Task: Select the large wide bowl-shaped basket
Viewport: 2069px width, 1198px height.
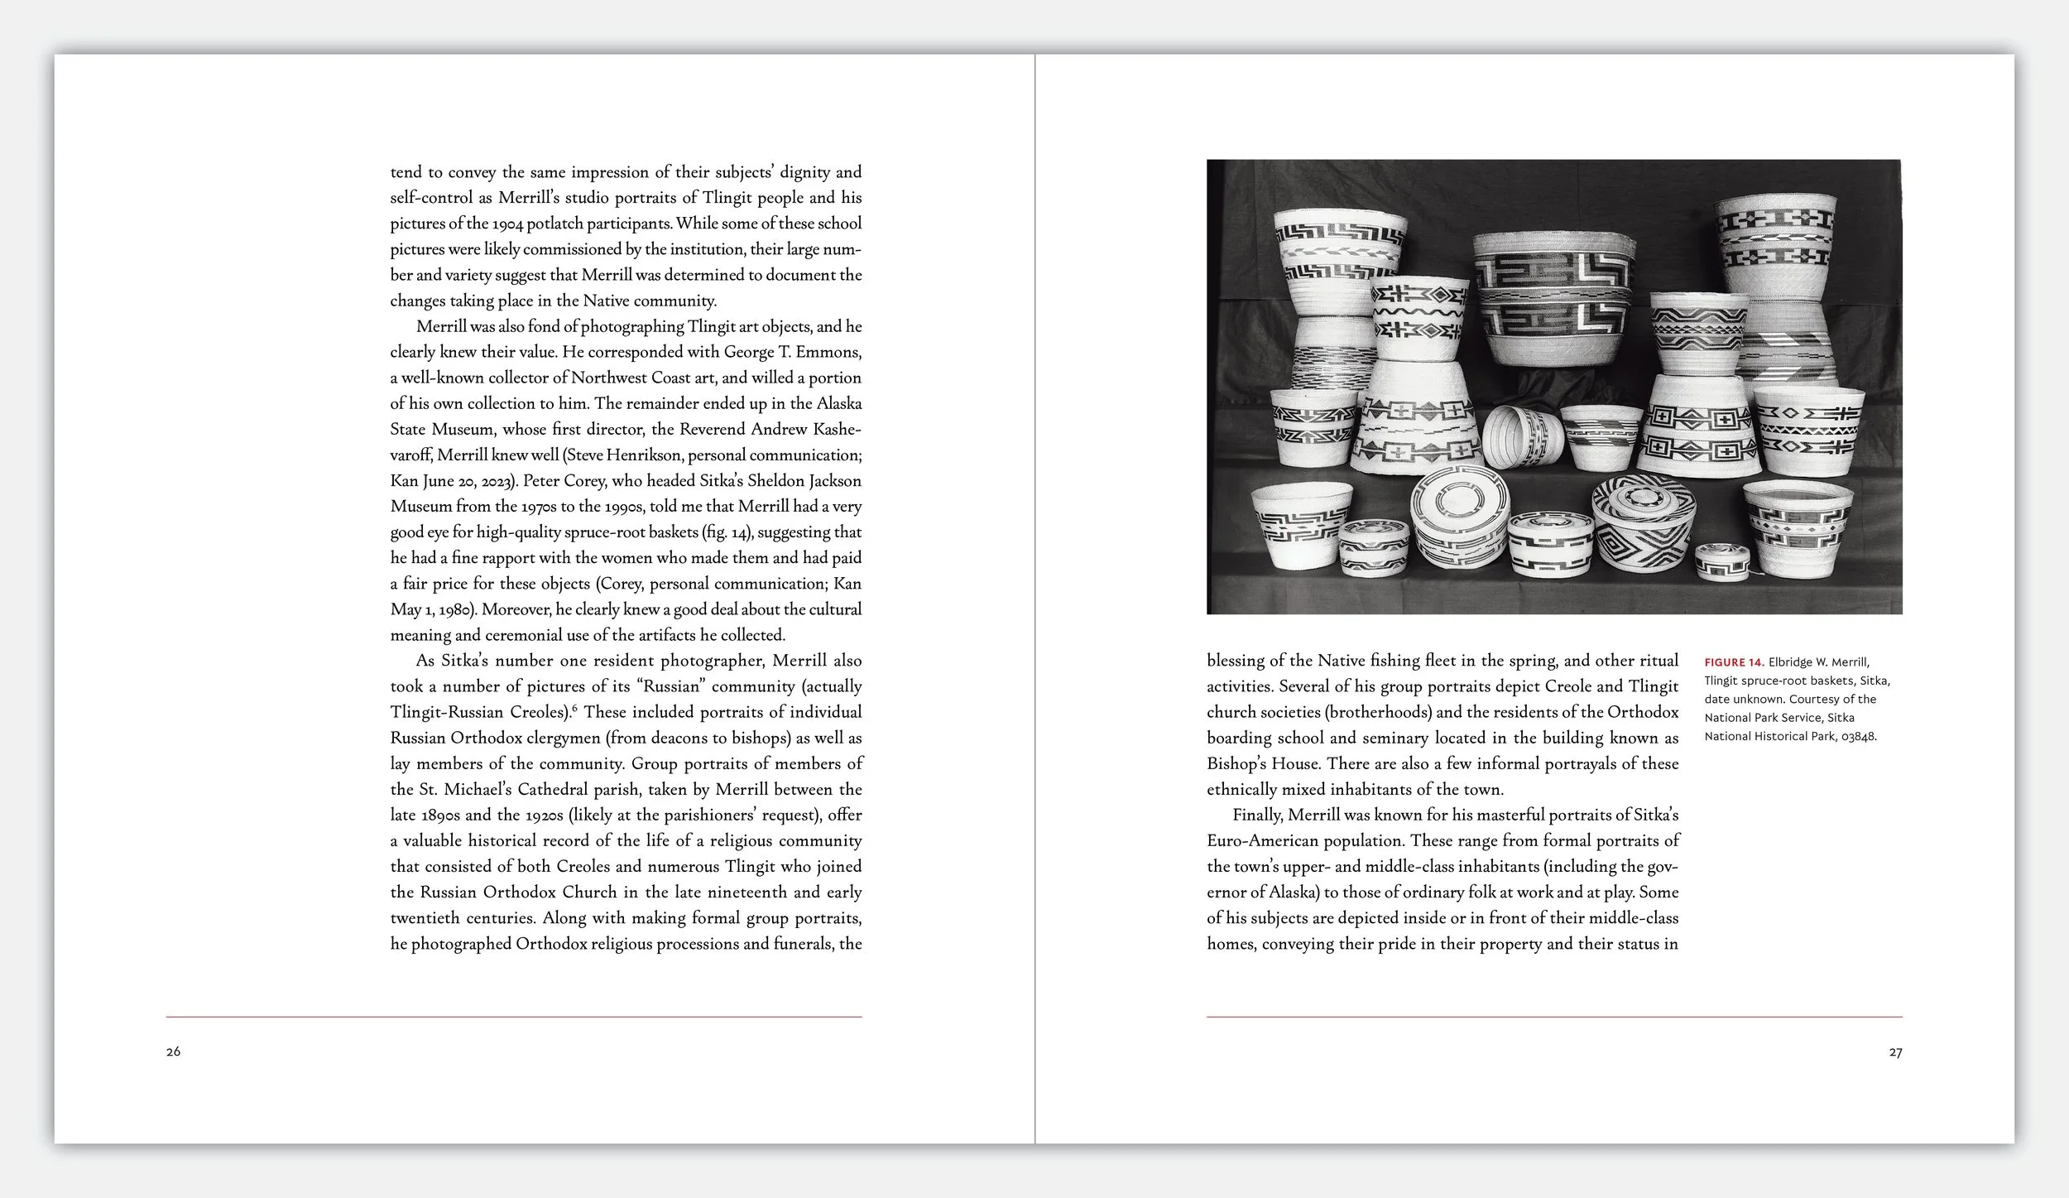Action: click(x=1553, y=296)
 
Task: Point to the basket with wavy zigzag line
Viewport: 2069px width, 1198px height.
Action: click(x=1419, y=317)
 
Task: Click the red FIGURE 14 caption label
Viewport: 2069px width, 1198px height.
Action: click(x=1734, y=662)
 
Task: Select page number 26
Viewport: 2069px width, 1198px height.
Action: click(x=173, y=1051)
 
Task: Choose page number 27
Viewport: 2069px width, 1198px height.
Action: click(x=1895, y=1052)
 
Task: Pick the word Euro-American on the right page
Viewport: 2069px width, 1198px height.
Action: click(x=1262, y=840)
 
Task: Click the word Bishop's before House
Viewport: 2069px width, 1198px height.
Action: click(x=1236, y=763)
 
